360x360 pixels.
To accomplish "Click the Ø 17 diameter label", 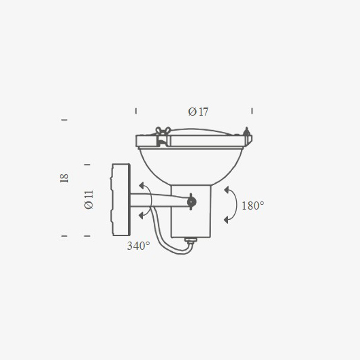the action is (198, 112).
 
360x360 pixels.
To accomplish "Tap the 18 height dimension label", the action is (64, 178).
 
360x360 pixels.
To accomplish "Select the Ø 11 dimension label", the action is (89, 199).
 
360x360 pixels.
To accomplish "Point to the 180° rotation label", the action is (252, 206).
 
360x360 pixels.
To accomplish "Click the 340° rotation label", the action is (138, 246).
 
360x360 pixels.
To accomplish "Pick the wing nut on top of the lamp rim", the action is (163, 131).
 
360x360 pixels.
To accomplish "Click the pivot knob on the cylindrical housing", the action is (191, 201).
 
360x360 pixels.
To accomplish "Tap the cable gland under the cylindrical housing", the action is (191, 240).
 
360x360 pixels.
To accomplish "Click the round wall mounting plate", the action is (121, 199).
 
